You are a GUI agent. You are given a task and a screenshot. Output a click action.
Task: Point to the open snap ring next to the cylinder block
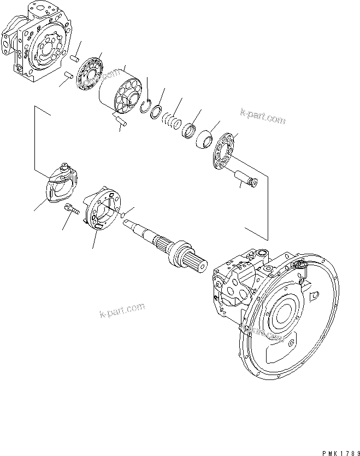click(145, 106)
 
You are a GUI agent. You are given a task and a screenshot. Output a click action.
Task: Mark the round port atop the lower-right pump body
click(262, 255)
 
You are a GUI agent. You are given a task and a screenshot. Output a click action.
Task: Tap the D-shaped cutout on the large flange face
click(314, 296)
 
